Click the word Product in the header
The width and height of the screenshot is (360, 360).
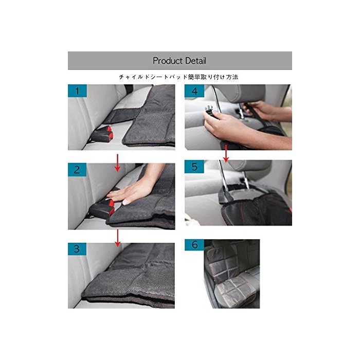pos(168,61)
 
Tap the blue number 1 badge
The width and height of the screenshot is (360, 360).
pos(77,91)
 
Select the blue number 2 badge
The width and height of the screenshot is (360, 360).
pos(77,170)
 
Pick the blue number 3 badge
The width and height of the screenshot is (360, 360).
pos(77,249)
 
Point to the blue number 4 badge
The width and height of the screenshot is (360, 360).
pos(194,91)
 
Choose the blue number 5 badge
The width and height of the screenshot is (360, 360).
pos(194,167)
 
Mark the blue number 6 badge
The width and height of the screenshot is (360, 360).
pos(194,245)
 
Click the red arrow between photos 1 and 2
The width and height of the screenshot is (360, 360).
pos(118,163)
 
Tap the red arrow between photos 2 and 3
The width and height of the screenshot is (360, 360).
pos(118,238)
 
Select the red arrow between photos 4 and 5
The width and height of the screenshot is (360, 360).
pos(226,153)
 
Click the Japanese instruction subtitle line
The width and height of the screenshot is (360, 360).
pos(179,77)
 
